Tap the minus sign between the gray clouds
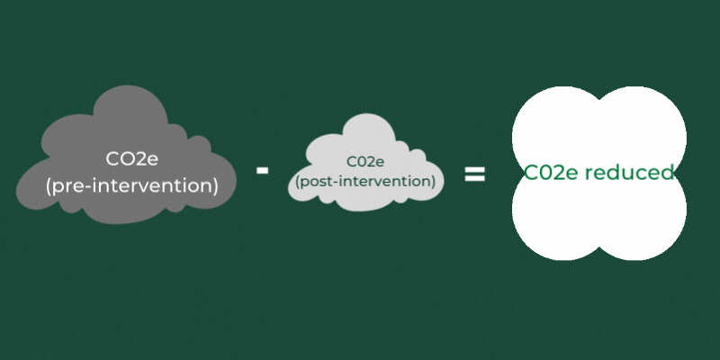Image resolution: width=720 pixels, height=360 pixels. pos(263,169)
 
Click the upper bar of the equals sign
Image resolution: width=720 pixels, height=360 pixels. pos(474,168)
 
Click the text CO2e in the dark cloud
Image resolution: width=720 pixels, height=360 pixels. pos(132,160)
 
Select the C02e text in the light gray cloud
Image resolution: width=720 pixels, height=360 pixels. pos(365,162)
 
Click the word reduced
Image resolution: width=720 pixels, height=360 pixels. pos(629,173)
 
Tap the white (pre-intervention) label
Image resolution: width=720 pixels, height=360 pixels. pos(132,186)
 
